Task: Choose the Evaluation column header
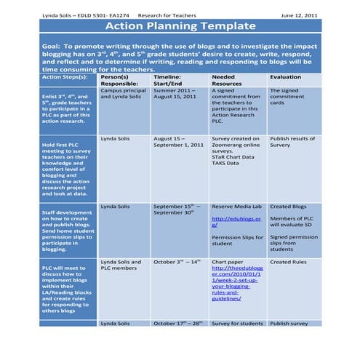click(285, 76)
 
